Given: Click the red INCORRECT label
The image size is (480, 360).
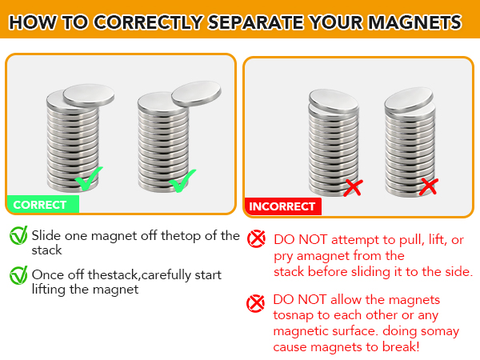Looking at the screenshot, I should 282,206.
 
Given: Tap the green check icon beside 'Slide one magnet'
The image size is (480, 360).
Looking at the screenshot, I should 18,236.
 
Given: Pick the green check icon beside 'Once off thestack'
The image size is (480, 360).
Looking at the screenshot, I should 18,276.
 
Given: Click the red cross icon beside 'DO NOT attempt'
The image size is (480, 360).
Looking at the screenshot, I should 256,238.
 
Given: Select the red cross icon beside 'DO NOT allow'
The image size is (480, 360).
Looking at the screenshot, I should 256,302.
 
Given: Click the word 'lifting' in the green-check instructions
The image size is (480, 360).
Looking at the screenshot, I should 50,290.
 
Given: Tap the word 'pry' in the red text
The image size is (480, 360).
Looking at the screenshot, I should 284,256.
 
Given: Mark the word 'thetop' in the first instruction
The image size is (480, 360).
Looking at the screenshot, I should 173,235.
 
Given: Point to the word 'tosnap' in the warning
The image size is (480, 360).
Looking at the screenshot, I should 294,314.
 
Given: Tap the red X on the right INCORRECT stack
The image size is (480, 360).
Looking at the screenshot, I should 429,187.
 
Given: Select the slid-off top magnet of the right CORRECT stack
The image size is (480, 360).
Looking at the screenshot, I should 195,92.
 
